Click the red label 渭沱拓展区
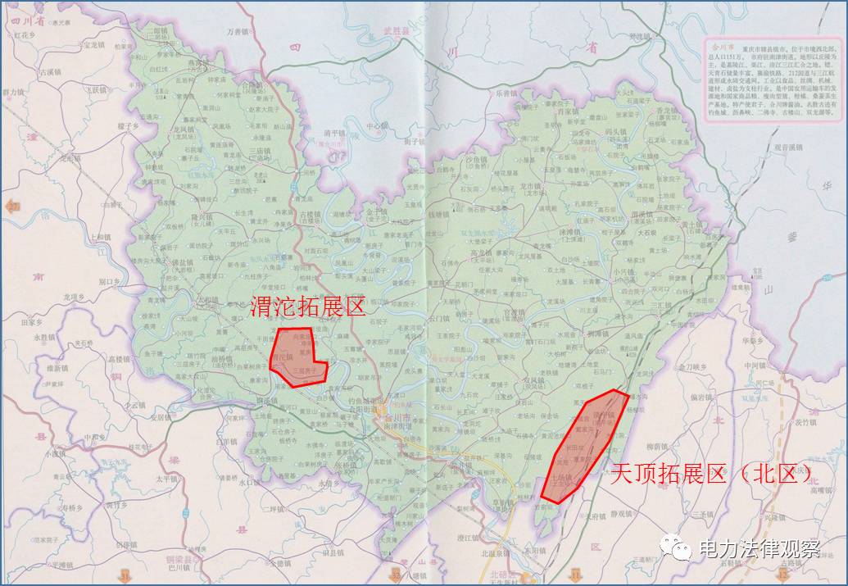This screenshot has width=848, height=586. (x=307, y=307)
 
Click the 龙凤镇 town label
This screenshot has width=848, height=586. (x=184, y=129)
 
